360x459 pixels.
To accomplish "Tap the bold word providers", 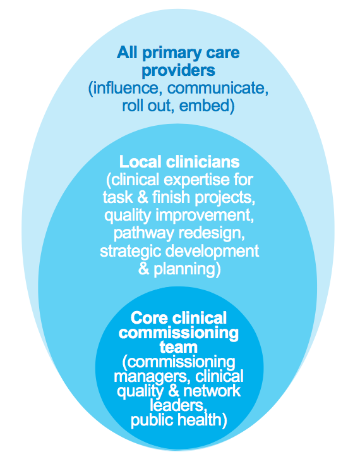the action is point(178,71).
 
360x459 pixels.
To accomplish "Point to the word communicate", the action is point(218,88).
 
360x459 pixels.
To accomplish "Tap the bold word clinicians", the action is point(203,162).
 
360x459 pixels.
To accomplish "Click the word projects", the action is point(225,198).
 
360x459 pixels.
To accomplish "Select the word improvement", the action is point(205,216).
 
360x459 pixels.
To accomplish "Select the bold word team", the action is point(178,347).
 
